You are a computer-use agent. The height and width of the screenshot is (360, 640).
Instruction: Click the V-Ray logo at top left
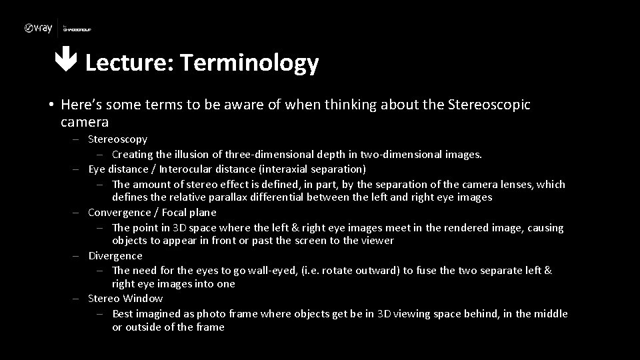click(x=38, y=28)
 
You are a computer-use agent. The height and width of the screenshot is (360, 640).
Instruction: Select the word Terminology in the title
click(x=249, y=63)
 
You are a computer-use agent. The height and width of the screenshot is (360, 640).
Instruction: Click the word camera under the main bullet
click(x=84, y=122)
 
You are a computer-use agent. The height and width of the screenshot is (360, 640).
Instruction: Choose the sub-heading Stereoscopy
click(x=117, y=139)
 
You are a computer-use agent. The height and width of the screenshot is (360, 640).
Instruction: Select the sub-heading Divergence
click(x=115, y=256)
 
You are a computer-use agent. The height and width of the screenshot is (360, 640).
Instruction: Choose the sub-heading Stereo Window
click(x=125, y=299)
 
